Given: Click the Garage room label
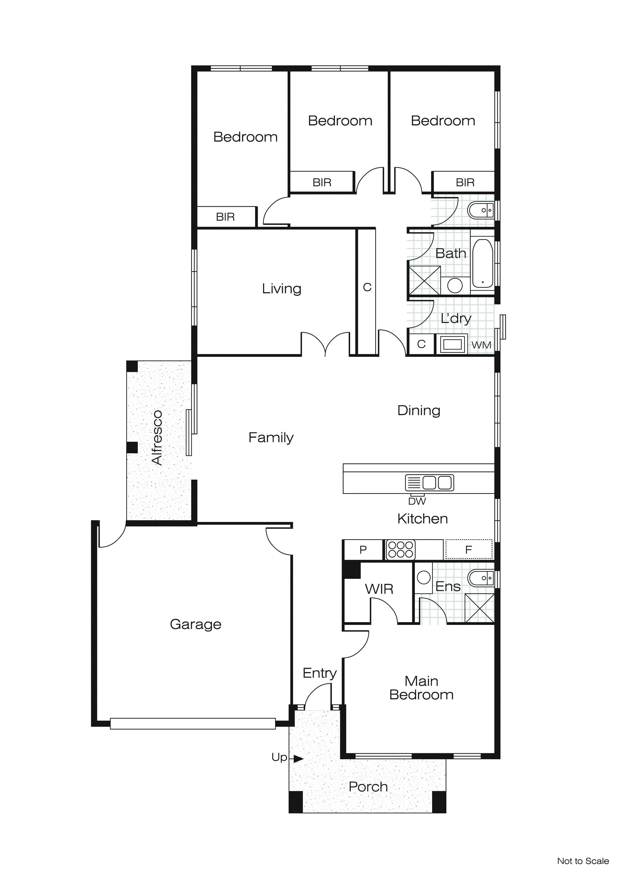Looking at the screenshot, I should click(x=195, y=624).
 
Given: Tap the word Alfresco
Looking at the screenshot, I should click(x=157, y=437).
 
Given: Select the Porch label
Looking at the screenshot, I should click(x=368, y=787).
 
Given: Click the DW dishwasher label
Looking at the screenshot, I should click(x=417, y=501).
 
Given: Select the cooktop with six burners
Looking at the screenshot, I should click(x=400, y=550).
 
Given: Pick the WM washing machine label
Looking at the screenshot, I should click(x=481, y=345).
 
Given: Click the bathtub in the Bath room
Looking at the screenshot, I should click(x=482, y=264).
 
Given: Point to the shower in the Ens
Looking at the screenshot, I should click(x=479, y=608).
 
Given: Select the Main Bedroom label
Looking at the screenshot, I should click(x=421, y=688).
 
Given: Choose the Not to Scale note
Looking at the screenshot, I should click(x=583, y=861).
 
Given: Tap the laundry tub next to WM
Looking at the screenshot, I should click(x=452, y=344).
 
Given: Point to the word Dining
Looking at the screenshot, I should click(x=419, y=411).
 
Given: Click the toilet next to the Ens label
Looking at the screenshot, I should click(x=481, y=578).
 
